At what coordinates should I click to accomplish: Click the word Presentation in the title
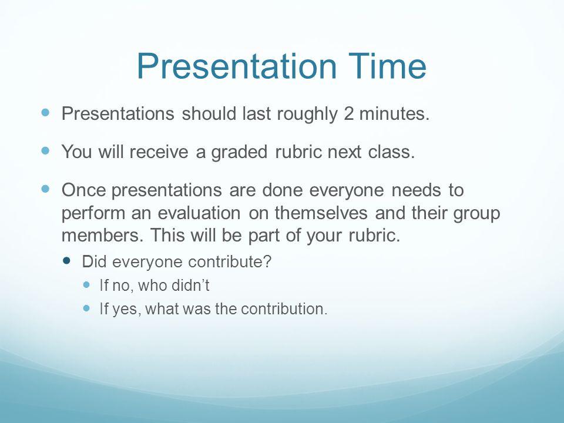click(x=237, y=66)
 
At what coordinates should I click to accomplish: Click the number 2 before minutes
click(x=348, y=113)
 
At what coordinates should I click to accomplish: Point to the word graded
click(x=239, y=152)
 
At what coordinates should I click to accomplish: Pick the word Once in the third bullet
click(x=83, y=190)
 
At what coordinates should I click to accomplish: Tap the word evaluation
click(x=199, y=213)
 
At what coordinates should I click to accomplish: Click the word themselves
click(x=321, y=213)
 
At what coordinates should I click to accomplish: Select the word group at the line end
click(x=476, y=214)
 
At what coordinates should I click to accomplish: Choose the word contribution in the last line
click(x=284, y=309)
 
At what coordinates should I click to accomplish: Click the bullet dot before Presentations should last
click(x=45, y=113)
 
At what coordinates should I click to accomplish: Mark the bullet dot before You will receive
click(x=45, y=150)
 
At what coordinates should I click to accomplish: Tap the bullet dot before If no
click(x=86, y=284)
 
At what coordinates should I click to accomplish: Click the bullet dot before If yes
click(x=86, y=308)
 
